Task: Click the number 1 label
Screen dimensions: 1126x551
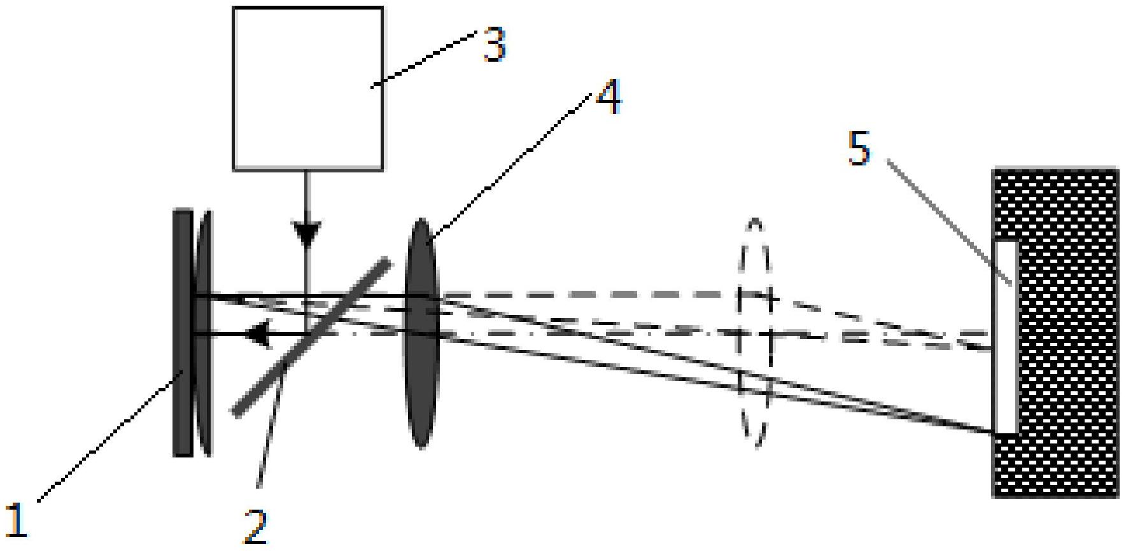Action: (x=17, y=519)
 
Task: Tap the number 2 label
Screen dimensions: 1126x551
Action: (x=256, y=527)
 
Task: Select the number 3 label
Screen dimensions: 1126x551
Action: (x=494, y=45)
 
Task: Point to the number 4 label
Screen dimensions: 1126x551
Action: (x=609, y=97)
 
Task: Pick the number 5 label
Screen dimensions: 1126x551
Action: (x=859, y=148)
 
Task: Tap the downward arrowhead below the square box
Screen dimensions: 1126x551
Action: (x=307, y=234)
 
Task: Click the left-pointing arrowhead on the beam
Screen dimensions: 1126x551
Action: (x=258, y=334)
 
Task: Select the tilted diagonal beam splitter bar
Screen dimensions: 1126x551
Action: (x=311, y=337)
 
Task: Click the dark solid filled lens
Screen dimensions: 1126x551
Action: (x=421, y=333)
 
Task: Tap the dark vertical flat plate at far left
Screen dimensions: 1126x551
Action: (x=183, y=333)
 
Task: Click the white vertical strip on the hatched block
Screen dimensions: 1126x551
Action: (x=1006, y=337)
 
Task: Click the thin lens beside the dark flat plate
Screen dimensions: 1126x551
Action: (x=204, y=333)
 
